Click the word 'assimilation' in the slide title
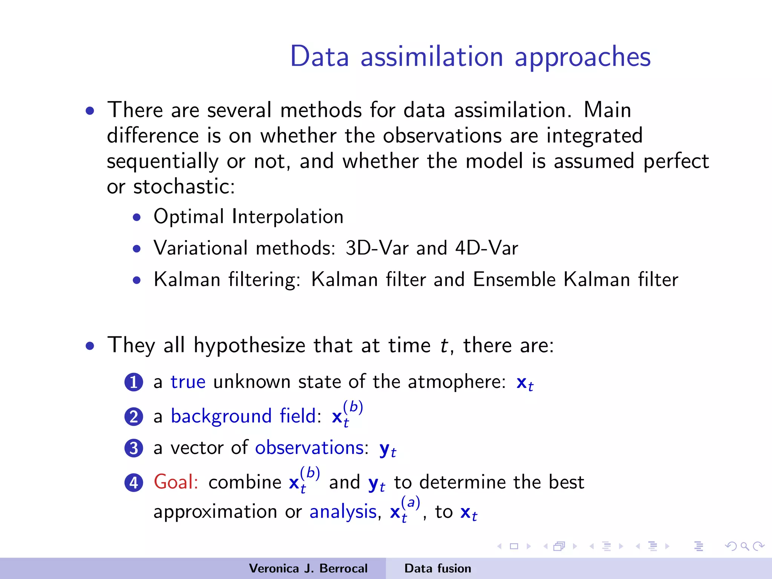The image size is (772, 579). coord(432,57)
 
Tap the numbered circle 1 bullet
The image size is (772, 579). coord(134,382)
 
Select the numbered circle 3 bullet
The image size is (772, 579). coord(134,448)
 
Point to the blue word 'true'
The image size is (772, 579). coord(188,382)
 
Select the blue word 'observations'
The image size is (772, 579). coord(309,448)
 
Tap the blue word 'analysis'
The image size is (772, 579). coord(343,512)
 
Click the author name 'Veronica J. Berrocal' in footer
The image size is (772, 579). coord(308,568)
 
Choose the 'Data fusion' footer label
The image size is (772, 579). coord(438,568)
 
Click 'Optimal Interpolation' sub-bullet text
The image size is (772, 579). coord(248,217)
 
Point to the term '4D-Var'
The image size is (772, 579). coord(487,248)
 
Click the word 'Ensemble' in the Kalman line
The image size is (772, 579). coord(514,280)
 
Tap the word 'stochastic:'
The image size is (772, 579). coord(184,187)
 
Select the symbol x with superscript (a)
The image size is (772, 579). coord(404,511)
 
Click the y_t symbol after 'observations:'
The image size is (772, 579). coord(387,449)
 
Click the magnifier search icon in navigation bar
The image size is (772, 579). coord(744,546)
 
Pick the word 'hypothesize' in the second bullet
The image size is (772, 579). coord(249,346)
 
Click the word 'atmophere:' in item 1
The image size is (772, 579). coord(456,382)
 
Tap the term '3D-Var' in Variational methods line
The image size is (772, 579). coord(377,248)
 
